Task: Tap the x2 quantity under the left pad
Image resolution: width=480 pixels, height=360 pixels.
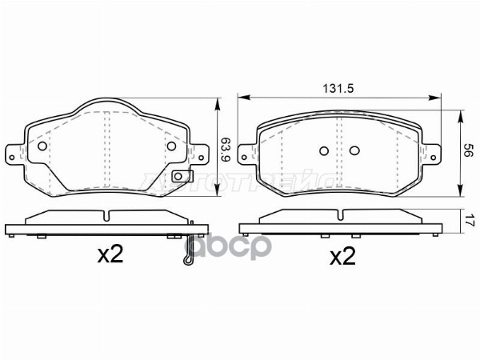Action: pos(110,255)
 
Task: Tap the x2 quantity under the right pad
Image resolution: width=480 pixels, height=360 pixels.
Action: pos(342,256)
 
